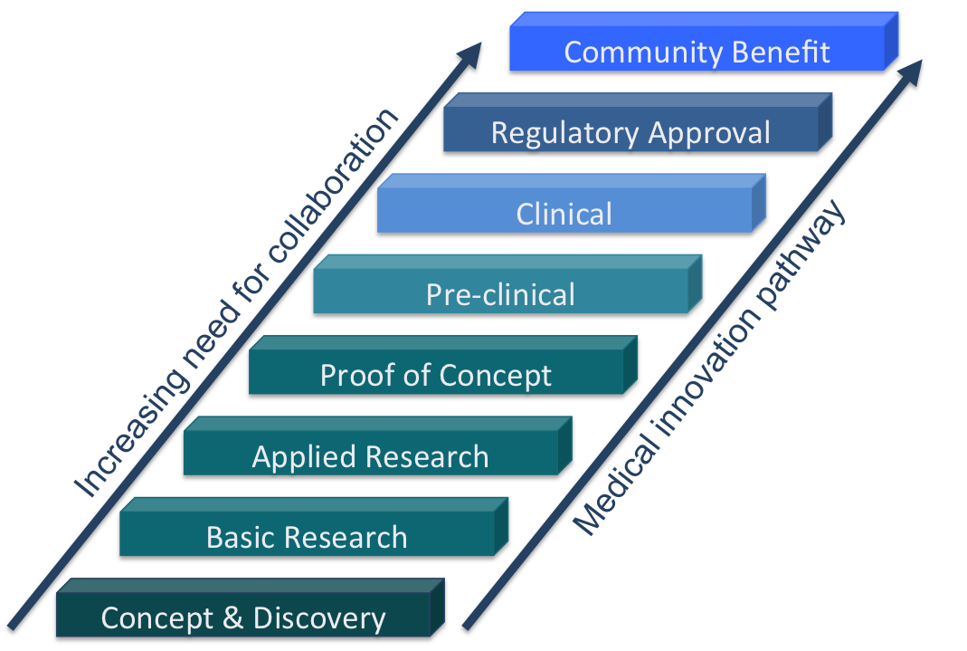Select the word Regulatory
[x=557, y=133]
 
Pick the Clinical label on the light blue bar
[x=564, y=215]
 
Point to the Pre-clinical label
[x=500, y=294]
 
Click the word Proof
[x=356, y=375]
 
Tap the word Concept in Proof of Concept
[x=495, y=375]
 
